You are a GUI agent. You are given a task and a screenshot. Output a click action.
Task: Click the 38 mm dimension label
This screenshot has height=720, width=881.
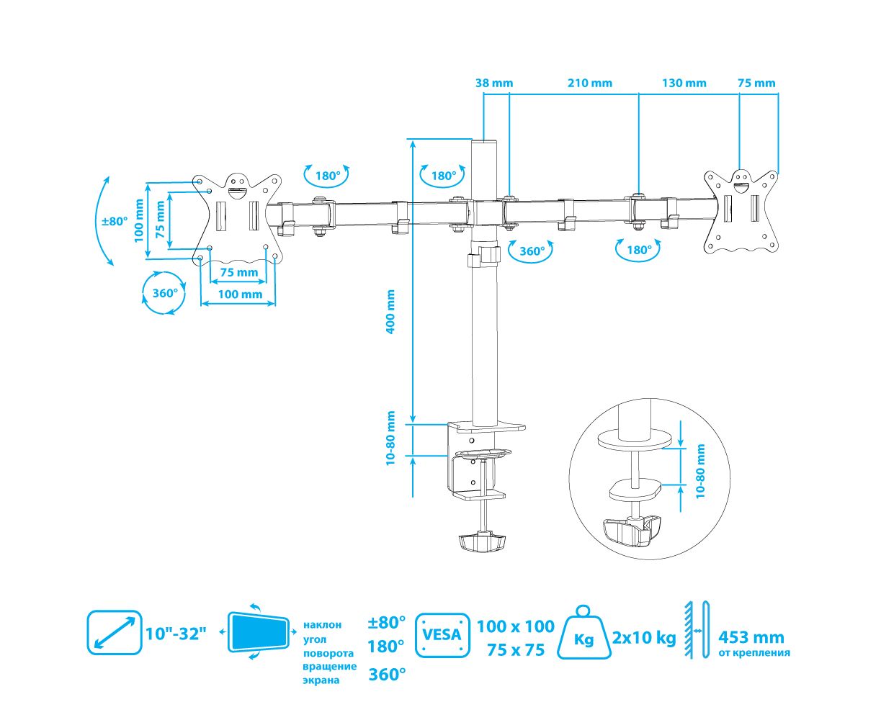point(494,83)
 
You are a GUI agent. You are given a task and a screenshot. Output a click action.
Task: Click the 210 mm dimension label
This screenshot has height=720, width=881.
point(590,83)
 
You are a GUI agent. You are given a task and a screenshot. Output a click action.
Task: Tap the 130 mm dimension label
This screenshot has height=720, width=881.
point(684,83)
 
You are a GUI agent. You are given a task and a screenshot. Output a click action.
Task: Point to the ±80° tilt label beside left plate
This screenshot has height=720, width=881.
point(114,221)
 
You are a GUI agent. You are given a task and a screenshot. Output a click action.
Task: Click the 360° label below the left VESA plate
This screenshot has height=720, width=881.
point(165,293)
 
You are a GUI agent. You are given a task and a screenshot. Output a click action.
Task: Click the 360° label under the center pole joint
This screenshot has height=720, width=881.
point(532,251)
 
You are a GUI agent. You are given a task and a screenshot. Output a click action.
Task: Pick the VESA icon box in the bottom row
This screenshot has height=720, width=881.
point(442,635)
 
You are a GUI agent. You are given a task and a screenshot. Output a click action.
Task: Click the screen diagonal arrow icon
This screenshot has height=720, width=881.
point(114,632)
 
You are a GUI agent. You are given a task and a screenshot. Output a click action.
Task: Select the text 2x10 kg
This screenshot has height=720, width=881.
point(644,637)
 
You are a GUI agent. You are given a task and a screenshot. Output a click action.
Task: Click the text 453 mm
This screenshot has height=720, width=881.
point(751,637)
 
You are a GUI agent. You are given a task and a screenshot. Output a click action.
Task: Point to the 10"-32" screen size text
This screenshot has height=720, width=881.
point(176,634)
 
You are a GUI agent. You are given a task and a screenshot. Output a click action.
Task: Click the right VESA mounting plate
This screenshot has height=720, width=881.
point(742,211)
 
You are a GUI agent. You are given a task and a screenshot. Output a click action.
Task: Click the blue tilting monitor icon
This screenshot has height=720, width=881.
point(258,631)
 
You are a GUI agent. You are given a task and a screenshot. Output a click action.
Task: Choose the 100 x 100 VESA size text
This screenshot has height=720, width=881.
point(516,626)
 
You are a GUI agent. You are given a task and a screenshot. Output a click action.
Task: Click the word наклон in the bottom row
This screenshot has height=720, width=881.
point(322,624)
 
